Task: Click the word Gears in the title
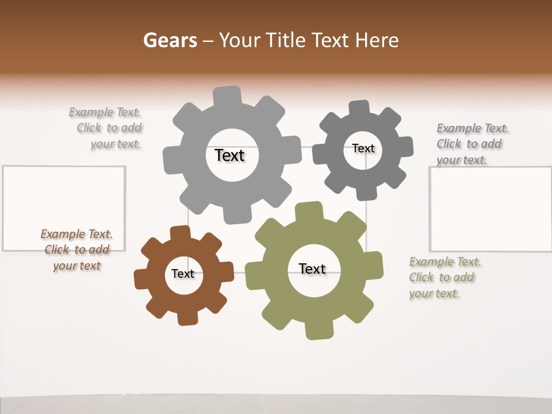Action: tap(170, 40)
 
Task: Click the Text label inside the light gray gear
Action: tap(229, 155)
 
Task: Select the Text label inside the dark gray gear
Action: tap(363, 148)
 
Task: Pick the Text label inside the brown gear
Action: tap(183, 274)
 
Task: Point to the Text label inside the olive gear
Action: tap(312, 269)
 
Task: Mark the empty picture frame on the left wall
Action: tap(64, 208)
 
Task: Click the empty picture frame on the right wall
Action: tap(490, 209)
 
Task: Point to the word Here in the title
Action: tap(377, 40)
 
